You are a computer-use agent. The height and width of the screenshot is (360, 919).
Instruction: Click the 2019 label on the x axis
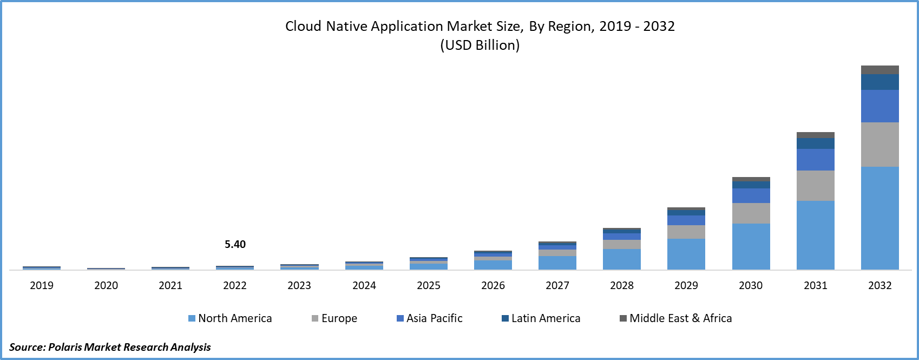(x=42, y=285)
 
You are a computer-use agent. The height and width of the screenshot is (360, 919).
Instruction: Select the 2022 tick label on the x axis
(x=235, y=285)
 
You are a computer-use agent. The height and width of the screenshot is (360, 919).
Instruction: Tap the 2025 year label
(x=429, y=285)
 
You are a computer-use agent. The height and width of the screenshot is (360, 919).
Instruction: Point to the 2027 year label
(x=557, y=285)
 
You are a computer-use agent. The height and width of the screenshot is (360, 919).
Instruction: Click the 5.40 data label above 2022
(x=235, y=244)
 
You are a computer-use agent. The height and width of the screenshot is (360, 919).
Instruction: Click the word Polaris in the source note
(x=65, y=347)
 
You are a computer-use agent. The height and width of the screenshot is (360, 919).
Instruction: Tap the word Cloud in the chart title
(x=304, y=27)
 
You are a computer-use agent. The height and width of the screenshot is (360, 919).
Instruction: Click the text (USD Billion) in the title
(x=480, y=45)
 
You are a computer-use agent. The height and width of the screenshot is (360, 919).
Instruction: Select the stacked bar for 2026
(x=493, y=260)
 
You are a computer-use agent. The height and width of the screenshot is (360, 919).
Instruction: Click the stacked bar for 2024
(x=364, y=266)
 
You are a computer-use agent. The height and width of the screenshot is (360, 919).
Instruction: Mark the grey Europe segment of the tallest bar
(x=880, y=145)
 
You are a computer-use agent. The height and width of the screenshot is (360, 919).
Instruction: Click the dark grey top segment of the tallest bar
(x=880, y=70)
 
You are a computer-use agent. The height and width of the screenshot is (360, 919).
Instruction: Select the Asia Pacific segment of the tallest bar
(x=880, y=106)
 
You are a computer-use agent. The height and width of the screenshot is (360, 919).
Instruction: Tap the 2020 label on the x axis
(x=106, y=285)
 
